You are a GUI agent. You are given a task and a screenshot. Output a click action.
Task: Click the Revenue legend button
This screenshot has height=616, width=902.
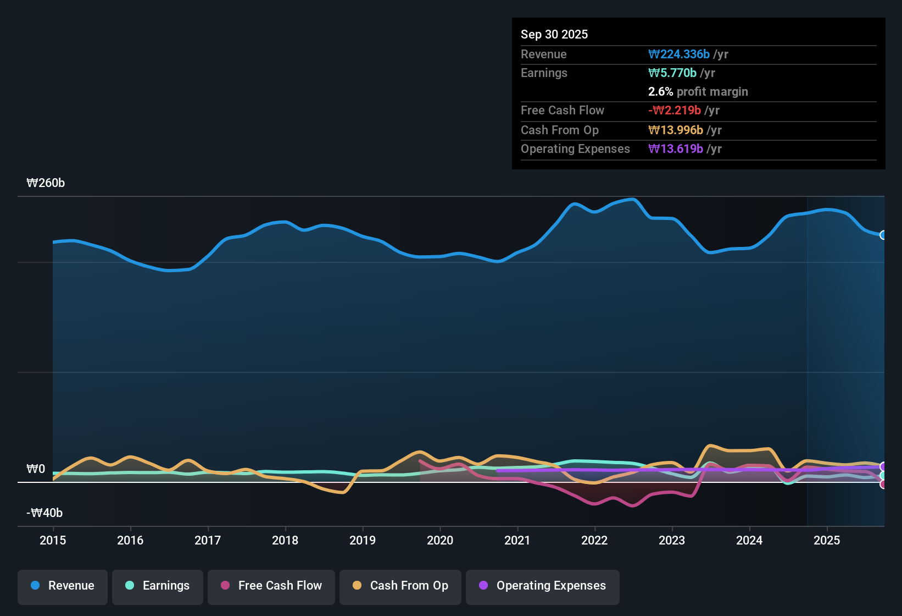[63, 586]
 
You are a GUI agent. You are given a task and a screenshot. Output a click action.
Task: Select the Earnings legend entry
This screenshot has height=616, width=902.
[158, 586]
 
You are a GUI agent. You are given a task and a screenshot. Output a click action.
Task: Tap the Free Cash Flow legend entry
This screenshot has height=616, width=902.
[271, 586]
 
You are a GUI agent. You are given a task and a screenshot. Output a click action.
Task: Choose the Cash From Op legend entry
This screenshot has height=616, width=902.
[400, 586]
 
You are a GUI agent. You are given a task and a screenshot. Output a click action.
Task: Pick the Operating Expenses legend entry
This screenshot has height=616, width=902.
[543, 586]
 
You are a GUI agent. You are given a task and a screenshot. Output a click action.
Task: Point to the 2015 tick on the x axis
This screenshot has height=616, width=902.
[53, 540]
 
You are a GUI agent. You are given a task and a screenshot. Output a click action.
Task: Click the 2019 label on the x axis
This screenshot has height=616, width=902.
[363, 540]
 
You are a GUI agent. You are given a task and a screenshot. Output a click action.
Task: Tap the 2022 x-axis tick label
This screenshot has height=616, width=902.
[594, 540]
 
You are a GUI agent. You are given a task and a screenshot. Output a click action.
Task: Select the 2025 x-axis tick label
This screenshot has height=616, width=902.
[827, 540]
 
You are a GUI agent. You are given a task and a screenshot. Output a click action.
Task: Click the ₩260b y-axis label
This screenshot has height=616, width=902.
[46, 183]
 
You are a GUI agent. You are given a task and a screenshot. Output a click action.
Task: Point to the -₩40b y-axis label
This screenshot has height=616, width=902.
[44, 513]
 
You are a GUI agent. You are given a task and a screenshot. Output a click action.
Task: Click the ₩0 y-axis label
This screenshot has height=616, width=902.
[36, 469]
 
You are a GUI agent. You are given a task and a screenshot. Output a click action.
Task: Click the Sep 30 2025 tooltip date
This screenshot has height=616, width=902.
[554, 34]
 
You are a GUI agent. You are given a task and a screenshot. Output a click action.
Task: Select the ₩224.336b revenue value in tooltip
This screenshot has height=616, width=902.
[679, 54]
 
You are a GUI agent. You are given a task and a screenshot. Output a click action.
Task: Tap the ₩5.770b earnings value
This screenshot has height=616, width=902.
[672, 73]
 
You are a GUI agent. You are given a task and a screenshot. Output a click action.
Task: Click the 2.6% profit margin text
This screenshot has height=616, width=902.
[698, 91]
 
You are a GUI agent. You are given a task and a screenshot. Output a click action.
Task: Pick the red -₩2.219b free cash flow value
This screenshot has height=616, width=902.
[675, 110]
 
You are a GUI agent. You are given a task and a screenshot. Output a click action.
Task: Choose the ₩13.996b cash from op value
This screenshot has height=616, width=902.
[676, 130]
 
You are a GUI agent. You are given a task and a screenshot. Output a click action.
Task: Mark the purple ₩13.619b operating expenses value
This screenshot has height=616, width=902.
[676, 148]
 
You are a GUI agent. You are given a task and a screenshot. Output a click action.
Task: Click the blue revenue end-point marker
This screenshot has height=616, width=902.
[883, 235]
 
